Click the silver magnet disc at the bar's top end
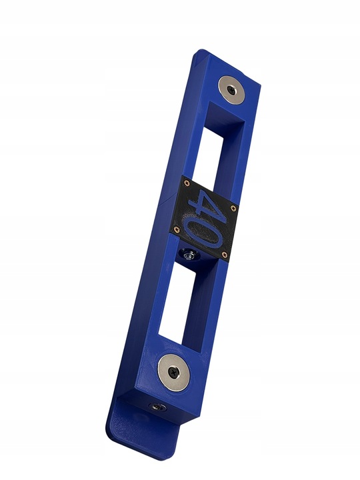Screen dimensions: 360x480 pos(232,90)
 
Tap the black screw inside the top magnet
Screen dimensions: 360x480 pos(231,90)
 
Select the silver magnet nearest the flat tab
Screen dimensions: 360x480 pos(173,373)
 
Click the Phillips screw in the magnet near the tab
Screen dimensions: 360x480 pos(173,373)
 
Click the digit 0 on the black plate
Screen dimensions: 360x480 pos(203,232)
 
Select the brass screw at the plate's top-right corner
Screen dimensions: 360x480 pos(234,208)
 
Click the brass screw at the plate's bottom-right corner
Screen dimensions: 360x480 pos(225,253)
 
